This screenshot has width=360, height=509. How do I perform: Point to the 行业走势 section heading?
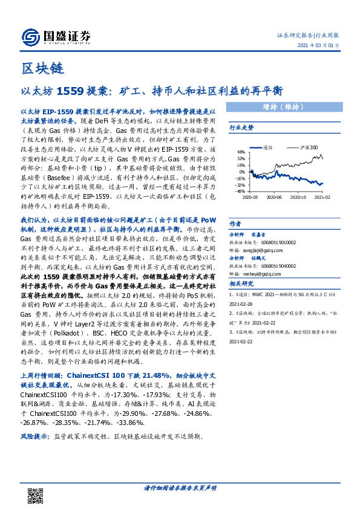[242, 128]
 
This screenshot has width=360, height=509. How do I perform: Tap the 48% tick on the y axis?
[241, 152]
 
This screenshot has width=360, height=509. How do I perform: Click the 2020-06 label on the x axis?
[275, 197]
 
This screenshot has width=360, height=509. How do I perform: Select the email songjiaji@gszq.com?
[273, 247]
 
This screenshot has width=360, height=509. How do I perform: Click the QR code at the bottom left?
[36, 495]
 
